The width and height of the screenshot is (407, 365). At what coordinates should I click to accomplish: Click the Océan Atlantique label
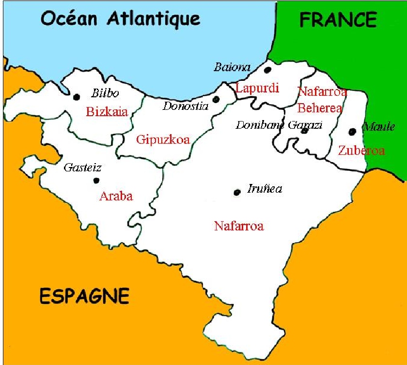click(120, 19)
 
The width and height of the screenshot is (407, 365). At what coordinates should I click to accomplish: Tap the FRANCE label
click(338, 20)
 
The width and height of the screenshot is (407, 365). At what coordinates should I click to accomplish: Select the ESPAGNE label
click(84, 295)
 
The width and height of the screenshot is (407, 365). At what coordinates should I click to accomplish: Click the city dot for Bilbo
click(76, 97)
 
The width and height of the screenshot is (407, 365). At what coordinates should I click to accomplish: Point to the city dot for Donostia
click(216, 99)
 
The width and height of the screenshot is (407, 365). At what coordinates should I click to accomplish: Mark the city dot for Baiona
click(267, 70)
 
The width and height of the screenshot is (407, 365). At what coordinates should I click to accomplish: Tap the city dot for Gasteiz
click(96, 181)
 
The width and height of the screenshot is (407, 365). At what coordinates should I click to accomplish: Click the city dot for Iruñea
click(236, 193)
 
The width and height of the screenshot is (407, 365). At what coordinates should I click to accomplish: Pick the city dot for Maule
click(352, 131)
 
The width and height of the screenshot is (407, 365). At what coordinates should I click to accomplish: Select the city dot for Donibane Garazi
click(304, 131)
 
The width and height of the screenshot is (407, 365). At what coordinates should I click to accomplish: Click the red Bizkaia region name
click(107, 112)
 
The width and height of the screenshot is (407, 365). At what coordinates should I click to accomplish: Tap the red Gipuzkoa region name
click(163, 140)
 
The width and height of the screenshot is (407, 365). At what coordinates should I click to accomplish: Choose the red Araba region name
click(116, 197)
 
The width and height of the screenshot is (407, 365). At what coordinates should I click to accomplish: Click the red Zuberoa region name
click(361, 151)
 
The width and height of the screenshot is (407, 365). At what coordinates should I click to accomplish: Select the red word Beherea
click(320, 108)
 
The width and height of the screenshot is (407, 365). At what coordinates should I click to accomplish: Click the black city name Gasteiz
click(83, 168)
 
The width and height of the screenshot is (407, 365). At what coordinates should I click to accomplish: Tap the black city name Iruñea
click(265, 189)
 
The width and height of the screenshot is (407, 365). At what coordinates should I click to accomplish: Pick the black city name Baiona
click(233, 67)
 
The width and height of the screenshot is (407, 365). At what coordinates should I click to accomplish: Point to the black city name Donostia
click(185, 106)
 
